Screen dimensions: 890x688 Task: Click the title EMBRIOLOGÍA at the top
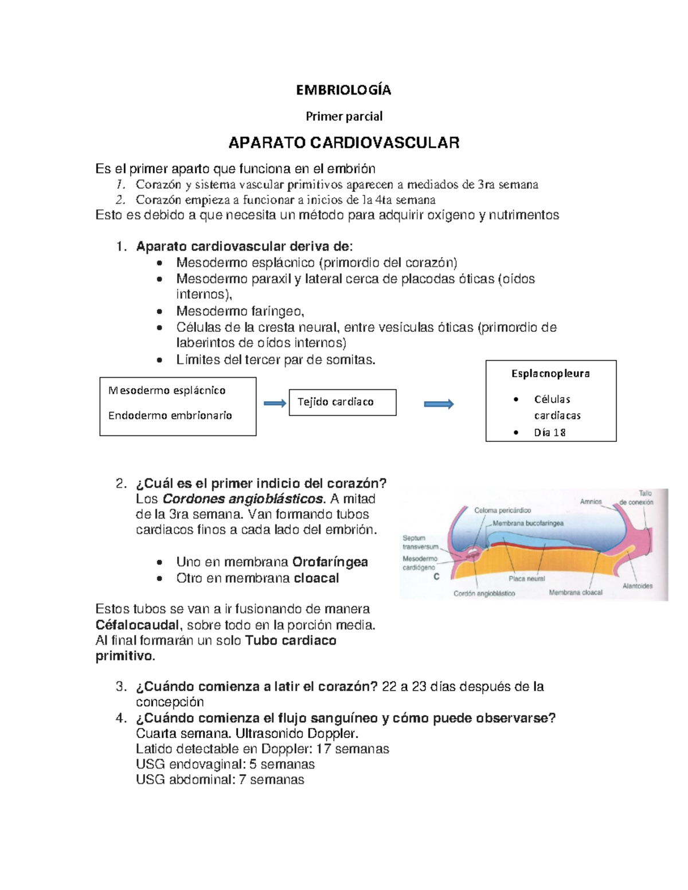point(343,90)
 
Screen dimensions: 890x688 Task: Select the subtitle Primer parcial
point(343,116)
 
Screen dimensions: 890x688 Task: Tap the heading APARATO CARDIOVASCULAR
point(343,143)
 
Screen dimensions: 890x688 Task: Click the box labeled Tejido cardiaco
point(342,402)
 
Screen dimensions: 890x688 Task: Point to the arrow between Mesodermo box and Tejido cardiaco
point(275,404)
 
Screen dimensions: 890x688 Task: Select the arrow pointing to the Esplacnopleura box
point(439,405)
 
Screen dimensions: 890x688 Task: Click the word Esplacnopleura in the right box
point(550,374)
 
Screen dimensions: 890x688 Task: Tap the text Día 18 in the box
point(549,433)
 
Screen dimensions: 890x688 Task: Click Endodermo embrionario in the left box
point(170,415)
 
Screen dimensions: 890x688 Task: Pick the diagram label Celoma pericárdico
point(502,510)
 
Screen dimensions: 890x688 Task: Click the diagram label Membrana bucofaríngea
point(528,523)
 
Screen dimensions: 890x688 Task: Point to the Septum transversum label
point(420,542)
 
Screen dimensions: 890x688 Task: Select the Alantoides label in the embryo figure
point(638,586)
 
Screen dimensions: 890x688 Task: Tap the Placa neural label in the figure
point(527,579)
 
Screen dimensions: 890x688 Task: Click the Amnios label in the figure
point(591,501)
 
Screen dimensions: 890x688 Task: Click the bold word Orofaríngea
point(330,562)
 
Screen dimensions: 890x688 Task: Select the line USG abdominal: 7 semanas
point(220,780)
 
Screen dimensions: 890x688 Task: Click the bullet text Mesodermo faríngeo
point(240,312)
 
